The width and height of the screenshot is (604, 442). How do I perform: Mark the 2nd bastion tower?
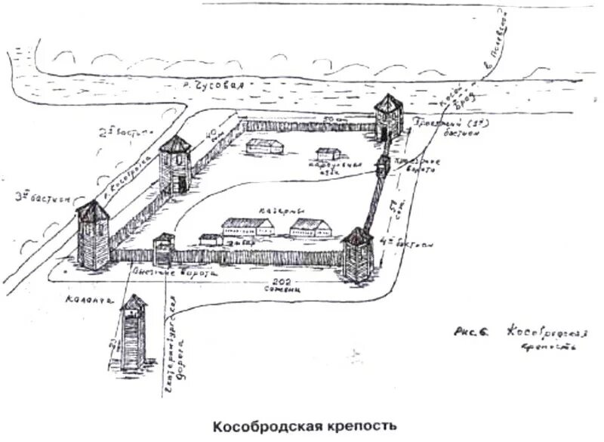point(175,165)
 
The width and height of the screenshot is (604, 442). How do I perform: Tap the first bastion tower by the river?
point(387,118)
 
